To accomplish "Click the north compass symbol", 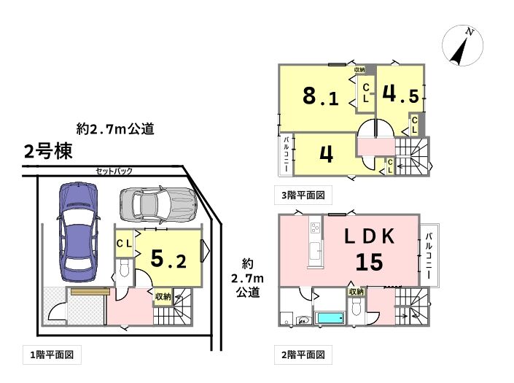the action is pos(462,45).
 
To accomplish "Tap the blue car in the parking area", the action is pos(78,231).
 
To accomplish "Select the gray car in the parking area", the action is pos(158,204).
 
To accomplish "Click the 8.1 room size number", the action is pos(320,97).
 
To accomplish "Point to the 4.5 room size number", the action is pos(400,94).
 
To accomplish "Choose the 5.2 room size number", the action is pos(168,259).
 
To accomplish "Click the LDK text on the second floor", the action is pos(370,236).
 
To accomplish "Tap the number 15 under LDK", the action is pos(370,262).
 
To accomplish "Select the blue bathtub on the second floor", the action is pos(330,318).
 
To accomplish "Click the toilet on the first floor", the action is pos(124,267).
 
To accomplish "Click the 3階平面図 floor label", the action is pos(303,195).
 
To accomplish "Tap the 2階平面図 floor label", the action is pos(303,355).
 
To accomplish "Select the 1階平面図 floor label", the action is pos(52,355).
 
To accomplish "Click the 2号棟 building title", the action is pos(48,152).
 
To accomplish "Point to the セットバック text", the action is pos(114,171).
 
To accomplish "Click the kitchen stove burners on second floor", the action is pos(316,227).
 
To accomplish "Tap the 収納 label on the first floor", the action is pos(163,296).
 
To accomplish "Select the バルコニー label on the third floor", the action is pos(286,154).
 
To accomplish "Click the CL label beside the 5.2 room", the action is pos(124,244).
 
